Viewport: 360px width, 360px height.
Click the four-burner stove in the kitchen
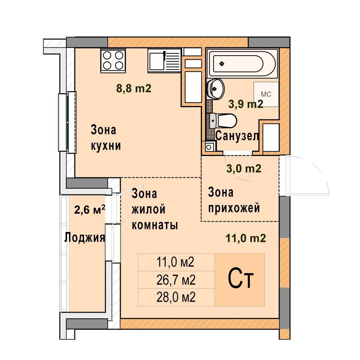113,61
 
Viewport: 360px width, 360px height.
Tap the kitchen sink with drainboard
164,61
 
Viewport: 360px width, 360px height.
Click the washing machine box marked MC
266,94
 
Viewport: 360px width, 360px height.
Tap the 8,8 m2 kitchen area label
134,88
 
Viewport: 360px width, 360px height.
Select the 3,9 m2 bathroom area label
246,104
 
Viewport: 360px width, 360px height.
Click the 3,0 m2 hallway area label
244,169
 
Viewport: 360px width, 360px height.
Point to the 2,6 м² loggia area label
90,209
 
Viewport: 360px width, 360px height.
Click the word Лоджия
84,237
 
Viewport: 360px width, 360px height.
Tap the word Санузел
237,136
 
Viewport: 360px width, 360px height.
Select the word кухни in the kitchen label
106,146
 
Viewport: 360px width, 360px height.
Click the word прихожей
234,208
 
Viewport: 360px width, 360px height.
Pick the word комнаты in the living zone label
155,225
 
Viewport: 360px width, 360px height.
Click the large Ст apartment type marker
241,278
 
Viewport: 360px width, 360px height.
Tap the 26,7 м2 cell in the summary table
176,280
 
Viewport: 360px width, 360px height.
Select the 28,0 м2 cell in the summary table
176,297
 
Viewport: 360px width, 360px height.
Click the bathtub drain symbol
222,64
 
